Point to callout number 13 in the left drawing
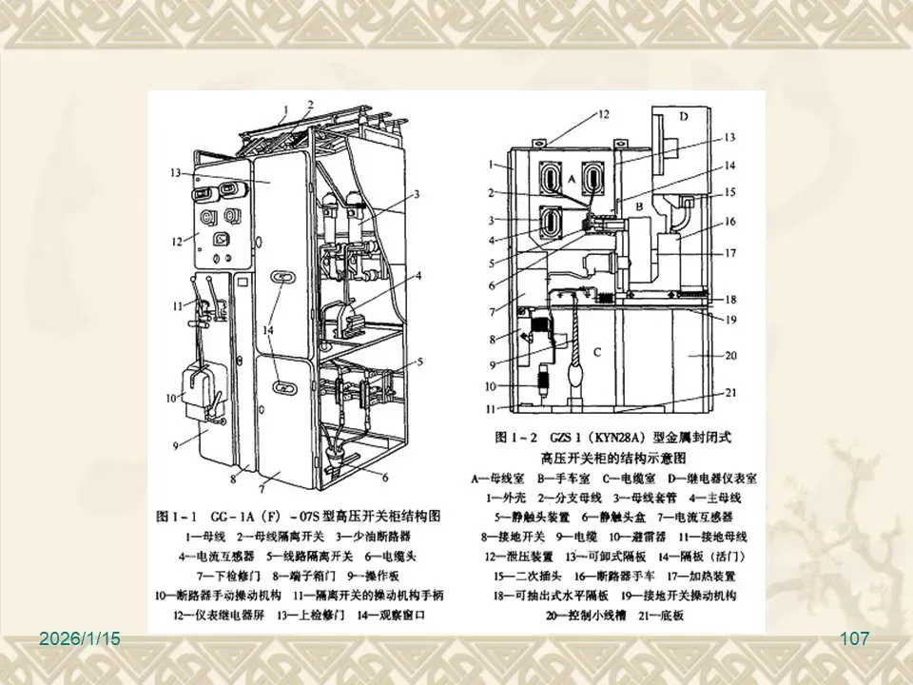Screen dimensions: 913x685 (175, 173)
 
